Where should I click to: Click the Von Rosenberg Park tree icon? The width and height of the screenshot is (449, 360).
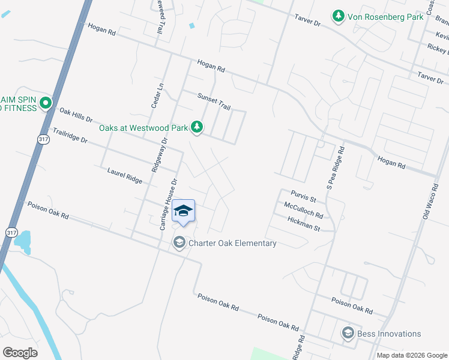[339, 16]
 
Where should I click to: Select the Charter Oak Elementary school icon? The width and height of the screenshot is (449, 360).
[179, 242]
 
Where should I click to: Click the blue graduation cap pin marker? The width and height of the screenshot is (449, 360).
[183, 211]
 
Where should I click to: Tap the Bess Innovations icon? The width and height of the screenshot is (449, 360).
[347, 333]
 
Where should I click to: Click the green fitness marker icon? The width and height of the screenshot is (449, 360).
[46, 104]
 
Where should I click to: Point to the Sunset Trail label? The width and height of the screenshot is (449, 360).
[214, 101]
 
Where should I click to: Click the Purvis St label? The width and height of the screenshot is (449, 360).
[303, 196]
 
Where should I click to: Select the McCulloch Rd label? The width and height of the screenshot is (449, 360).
[303, 210]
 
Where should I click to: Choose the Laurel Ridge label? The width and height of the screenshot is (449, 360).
[125, 176]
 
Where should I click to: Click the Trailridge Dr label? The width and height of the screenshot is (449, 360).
[70, 135]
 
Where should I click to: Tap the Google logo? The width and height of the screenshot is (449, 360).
[20, 352]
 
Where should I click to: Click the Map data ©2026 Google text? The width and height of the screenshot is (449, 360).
[411, 355]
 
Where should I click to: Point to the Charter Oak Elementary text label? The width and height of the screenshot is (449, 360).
[232, 243]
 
